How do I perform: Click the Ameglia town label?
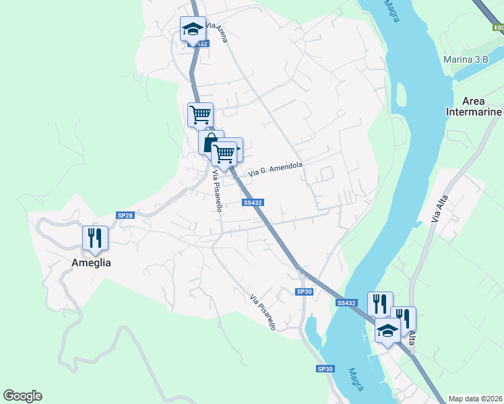[x=92, y=263]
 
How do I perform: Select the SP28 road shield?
[x=125, y=215]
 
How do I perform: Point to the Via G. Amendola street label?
[x=276, y=169]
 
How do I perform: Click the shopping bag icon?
[x=210, y=143]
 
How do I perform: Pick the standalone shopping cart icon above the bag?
[x=200, y=115]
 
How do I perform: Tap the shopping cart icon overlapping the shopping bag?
[x=226, y=152]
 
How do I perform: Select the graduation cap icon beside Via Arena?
[x=193, y=30]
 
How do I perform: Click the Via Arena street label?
[x=217, y=32]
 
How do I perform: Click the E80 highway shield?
[x=498, y=28]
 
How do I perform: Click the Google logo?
[x=23, y=396]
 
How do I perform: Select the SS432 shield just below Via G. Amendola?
[x=253, y=202]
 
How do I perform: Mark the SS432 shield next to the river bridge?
[x=346, y=303]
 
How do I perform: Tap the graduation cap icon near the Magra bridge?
[x=387, y=331]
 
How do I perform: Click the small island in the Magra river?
[x=402, y=95]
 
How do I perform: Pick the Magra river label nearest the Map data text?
[x=356, y=379]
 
